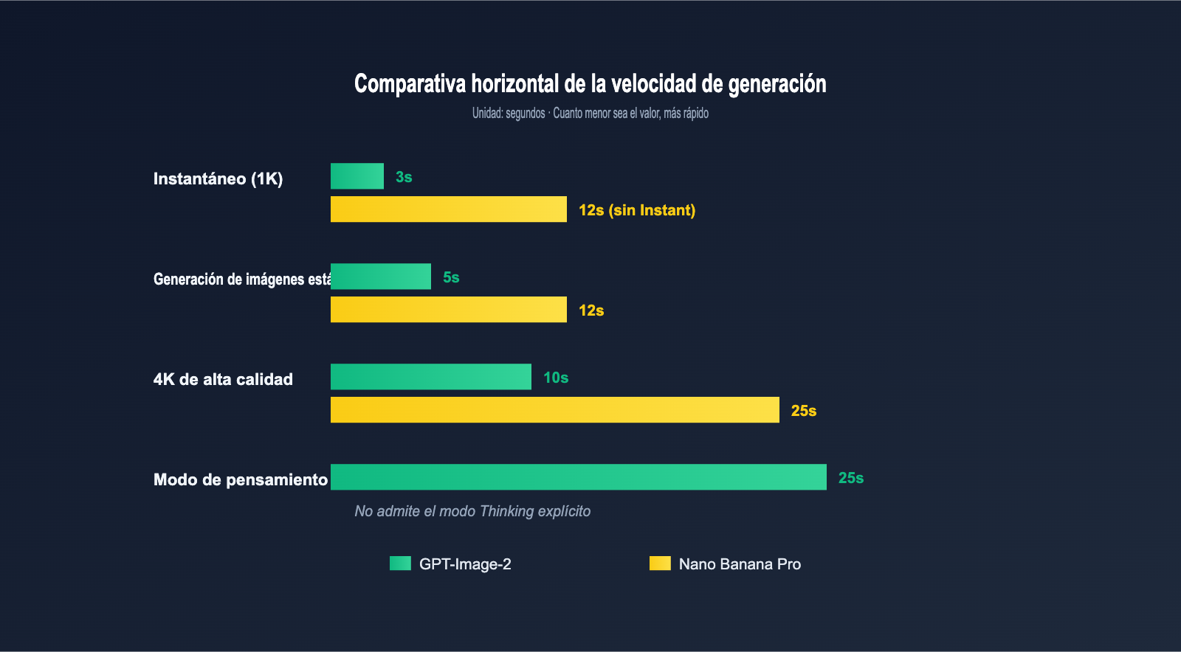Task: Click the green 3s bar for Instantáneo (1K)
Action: pyautogui.click(x=357, y=176)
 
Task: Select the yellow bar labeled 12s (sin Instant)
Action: pyautogui.click(x=449, y=209)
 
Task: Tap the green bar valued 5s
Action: pyautogui.click(x=381, y=277)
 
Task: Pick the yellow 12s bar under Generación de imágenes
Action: pyautogui.click(x=449, y=310)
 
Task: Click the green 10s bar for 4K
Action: pyautogui.click(x=431, y=377)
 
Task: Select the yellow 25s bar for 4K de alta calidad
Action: pyautogui.click(x=555, y=410)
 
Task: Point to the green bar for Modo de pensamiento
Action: pyautogui.click(x=579, y=477)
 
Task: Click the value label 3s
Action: pyautogui.click(x=404, y=177)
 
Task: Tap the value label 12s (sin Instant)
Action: pyautogui.click(x=636, y=210)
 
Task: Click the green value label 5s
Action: pyautogui.click(x=451, y=277)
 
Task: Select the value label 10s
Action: pyautogui.click(x=556, y=378)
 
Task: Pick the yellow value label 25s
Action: pyautogui.click(x=804, y=411)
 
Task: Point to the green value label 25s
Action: pyautogui.click(x=851, y=478)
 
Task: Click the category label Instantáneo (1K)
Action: pyautogui.click(x=218, y=178)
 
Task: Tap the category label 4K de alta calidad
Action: pyautogui.click(x=223, y=379)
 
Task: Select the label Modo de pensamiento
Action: pyautogui.click(x=240, y=479)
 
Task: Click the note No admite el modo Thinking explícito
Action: pyautogui.click(x=472, y=511)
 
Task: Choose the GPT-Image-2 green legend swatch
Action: pyautogui.click(x=400, y=563)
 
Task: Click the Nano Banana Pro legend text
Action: pyautogui.click(x=740, y=564)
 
